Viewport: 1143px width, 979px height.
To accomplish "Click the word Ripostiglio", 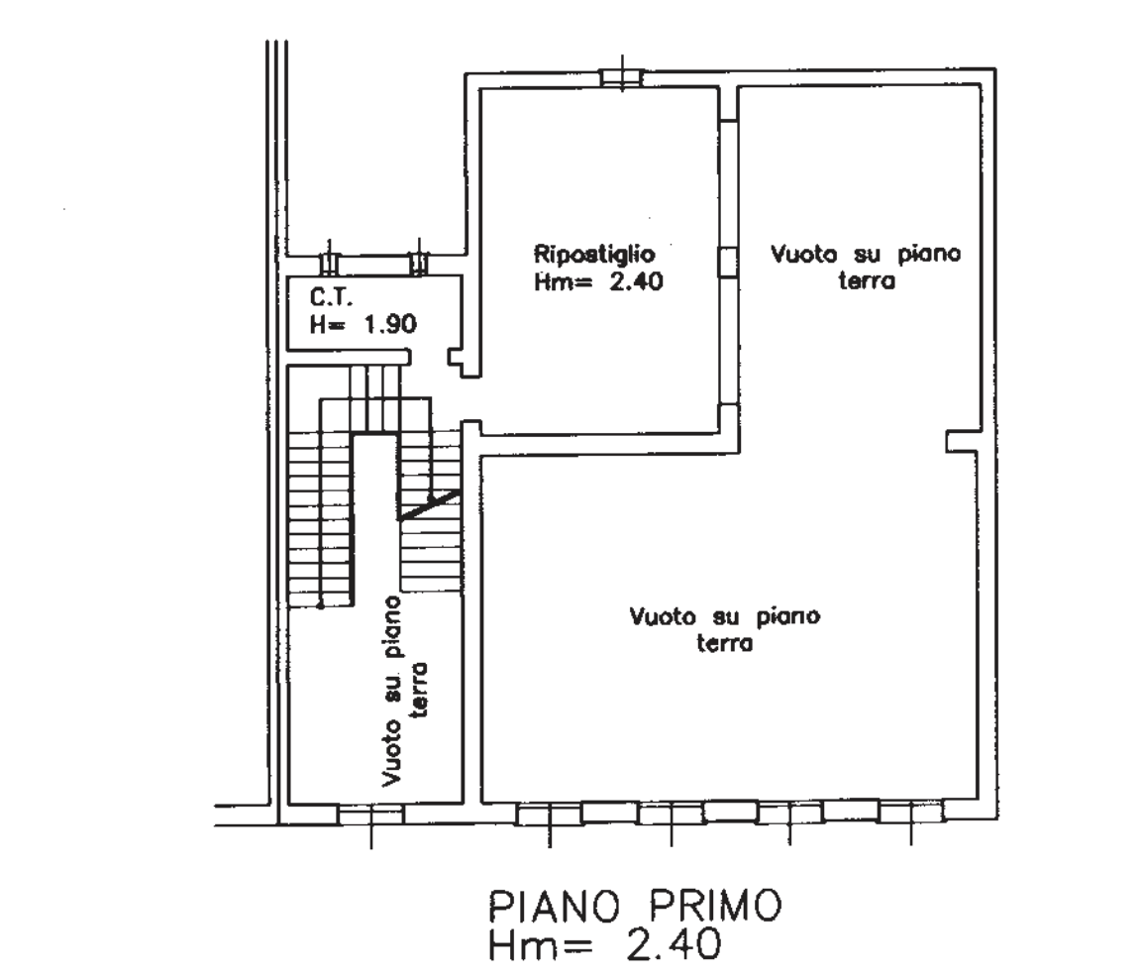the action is [594, 255].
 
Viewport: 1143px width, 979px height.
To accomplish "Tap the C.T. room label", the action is [332, 297].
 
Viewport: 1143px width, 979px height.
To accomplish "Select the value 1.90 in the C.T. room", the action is [390, 323].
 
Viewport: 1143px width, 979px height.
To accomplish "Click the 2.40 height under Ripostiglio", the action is [636, 281].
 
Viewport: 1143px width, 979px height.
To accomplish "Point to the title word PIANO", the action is [554, 907].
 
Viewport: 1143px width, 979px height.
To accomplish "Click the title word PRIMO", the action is [715, 907].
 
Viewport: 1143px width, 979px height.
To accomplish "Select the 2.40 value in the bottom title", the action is [674, 944].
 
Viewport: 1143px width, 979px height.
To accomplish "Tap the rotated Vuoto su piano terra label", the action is [404, 691].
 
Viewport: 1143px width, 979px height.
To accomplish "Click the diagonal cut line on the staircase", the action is [429, 504].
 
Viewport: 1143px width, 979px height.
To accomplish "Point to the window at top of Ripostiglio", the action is [621, 77].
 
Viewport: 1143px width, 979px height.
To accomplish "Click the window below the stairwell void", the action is [371, 815].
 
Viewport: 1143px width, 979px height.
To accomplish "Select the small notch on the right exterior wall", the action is [961, 441].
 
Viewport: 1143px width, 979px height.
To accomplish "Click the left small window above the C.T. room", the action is [330, 263].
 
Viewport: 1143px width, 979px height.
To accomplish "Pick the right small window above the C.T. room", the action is [419, 263].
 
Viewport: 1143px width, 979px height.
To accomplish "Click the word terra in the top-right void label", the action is [867, 280].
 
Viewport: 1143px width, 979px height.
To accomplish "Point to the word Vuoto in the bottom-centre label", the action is [663, 616].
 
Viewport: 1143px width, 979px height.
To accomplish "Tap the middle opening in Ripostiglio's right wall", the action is [728, 262].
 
